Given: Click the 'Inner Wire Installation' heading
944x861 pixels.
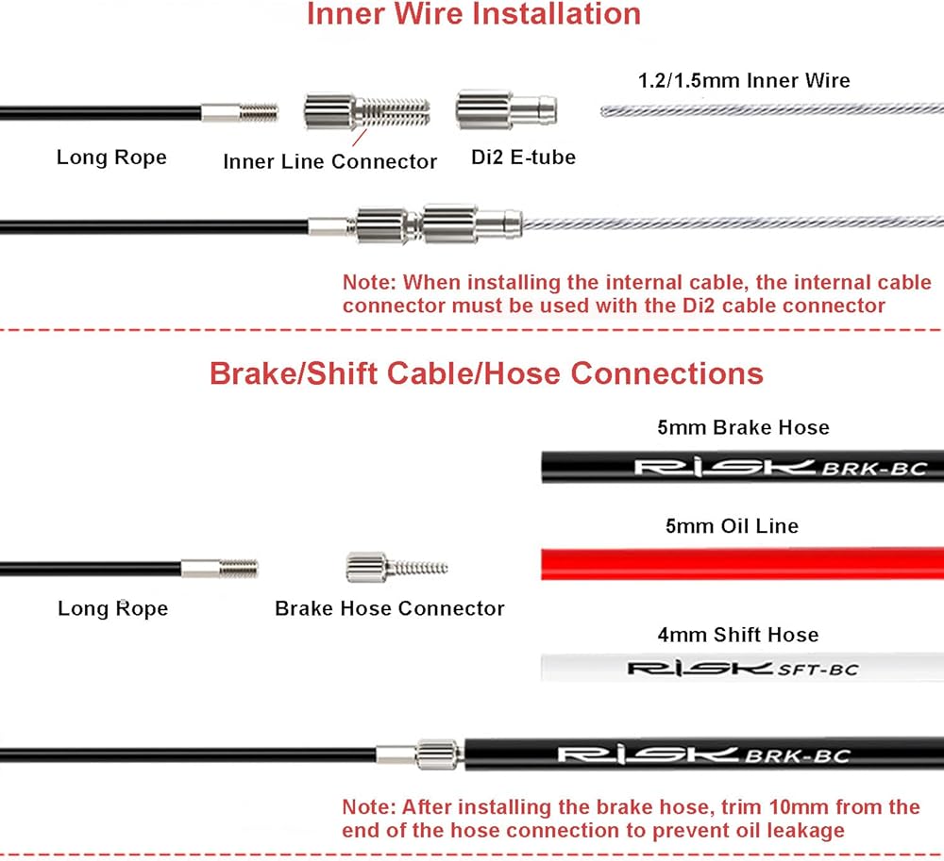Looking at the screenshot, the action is point(474,14).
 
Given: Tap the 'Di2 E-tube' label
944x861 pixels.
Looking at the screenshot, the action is point(523,157).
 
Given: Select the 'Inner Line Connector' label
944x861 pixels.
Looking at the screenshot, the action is point(329,161).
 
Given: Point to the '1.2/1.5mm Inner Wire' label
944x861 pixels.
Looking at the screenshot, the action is point(744,80).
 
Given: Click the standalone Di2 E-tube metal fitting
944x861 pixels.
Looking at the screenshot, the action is point(506,110).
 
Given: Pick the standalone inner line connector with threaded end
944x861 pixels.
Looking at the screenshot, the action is point(366,111).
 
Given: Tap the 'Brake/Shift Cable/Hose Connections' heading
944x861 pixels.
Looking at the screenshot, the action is point(486,373).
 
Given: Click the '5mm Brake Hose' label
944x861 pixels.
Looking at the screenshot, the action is point(744,427).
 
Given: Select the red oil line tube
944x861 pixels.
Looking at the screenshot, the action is point(742,563).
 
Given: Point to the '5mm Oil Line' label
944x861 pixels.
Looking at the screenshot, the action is point(733,526).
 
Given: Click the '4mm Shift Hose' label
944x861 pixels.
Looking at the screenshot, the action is point(738,635).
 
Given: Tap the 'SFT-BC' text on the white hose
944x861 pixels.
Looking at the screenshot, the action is point(818,670).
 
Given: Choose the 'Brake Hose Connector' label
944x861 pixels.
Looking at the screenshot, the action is point(390,608).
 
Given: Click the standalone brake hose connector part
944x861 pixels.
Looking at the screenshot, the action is point(396,567).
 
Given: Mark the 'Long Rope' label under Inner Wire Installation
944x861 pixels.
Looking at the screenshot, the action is point(111,157).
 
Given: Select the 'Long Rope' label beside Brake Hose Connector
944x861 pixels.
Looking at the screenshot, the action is point(112,608).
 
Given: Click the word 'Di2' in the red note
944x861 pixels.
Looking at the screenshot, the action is point(699,306).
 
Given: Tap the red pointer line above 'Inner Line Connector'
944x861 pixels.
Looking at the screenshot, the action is point(359,138).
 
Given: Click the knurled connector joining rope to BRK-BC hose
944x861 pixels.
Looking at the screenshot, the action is point(439,754).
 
